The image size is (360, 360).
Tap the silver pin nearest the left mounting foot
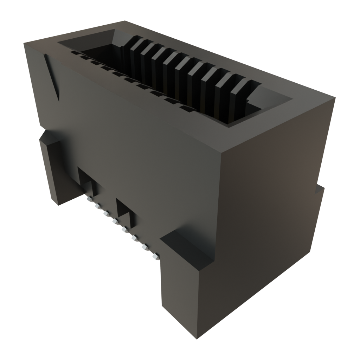[89, 199]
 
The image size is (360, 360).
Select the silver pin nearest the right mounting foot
[155, 257]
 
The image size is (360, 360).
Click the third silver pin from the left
[105, 213]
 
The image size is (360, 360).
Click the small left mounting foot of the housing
[53, 169]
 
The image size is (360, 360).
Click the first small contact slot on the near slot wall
[74, 53]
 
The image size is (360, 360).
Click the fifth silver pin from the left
[124, 229]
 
